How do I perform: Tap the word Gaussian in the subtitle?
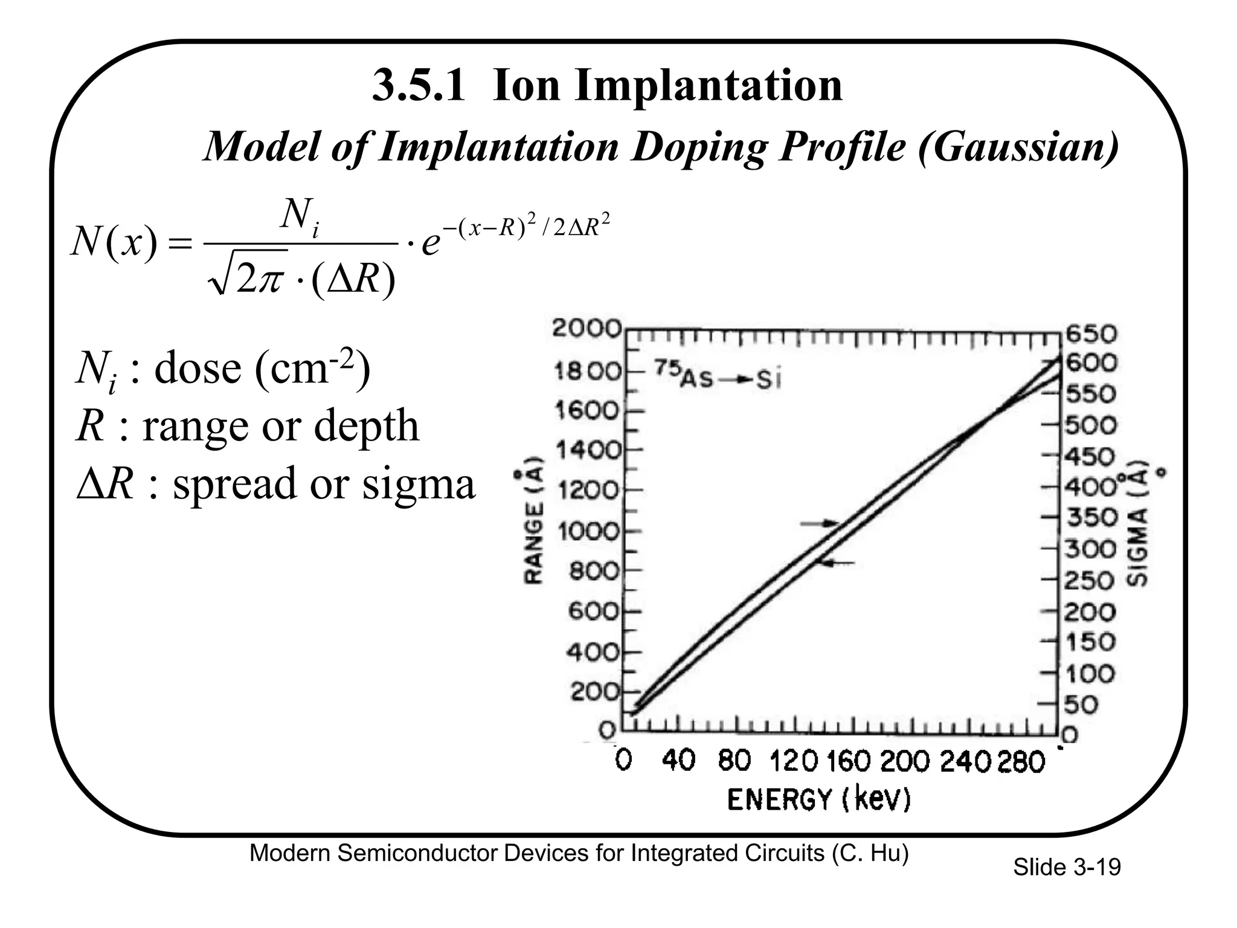(1018, 146)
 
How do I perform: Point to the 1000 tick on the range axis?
(589, 532)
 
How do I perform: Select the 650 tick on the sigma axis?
(1092, 333)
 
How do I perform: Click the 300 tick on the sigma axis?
(1090, 549)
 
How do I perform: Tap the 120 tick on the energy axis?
(794, 761)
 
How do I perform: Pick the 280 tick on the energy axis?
(1021, 761)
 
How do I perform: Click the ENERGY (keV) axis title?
(818, 800)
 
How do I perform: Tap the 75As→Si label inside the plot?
(718, 379)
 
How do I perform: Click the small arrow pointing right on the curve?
(820, 523)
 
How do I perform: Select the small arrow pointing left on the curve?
(836, 563)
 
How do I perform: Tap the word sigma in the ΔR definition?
(419, 484)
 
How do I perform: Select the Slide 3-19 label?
(1067, 868)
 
